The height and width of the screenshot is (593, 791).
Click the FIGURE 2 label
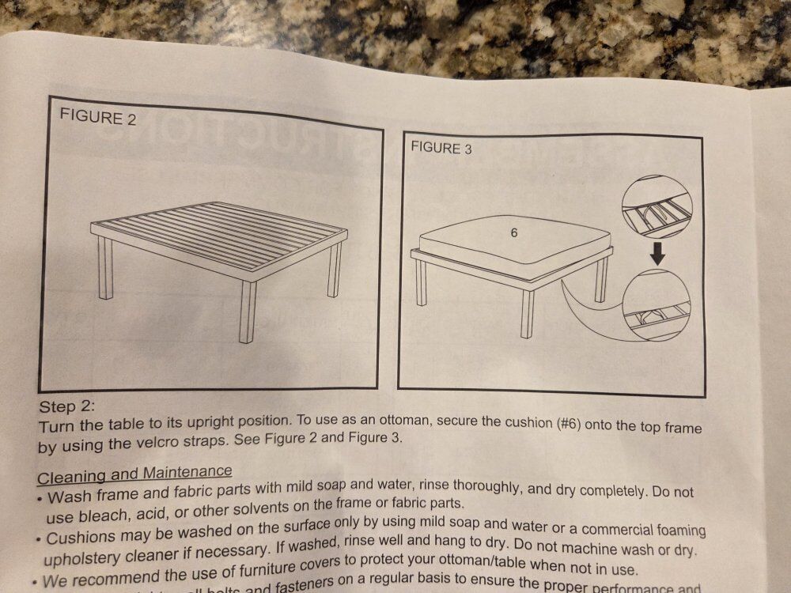tap(98, 119)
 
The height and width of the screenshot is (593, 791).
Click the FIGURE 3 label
tap(441, 148)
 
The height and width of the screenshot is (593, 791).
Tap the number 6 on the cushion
tap(515, 234)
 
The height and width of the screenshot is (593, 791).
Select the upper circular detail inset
tap(657, 207)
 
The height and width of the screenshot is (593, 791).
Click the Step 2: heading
tap(67, 407)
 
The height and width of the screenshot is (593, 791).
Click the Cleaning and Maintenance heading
tap(134, 475)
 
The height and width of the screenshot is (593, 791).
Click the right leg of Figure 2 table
tap(335, 269)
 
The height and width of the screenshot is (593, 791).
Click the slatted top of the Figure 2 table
tap(221, 229)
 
